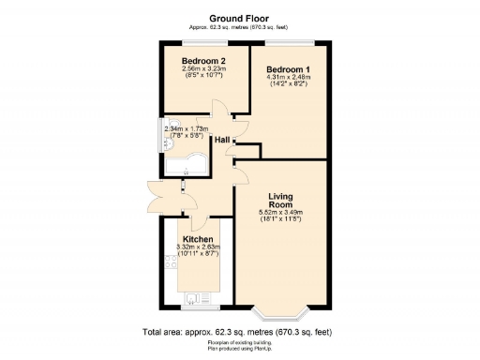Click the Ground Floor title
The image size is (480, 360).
pyautogui.click(x=239, y=17)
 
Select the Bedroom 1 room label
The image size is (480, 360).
pyautogui.click(x=288, y=70)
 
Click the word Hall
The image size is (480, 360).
pyautogui.click(x=222, y=140)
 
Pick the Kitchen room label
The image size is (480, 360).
pyautogui.click(x=197, y=240)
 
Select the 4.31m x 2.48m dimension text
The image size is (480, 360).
pyautogui.click(x=288, y=80)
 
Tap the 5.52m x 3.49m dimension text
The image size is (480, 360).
pyautogui.click(x=281, y=213)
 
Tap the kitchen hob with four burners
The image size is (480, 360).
pyautogui.click(x=172, y=266)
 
